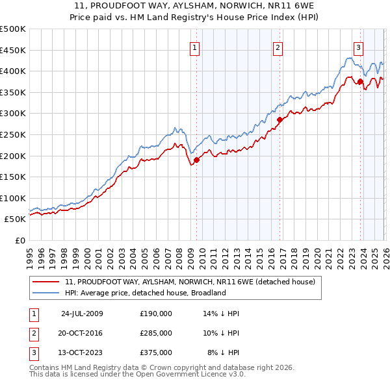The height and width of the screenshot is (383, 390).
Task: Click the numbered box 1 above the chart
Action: (x=195, y=47)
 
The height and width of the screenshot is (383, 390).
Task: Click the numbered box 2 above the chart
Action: (x=278, y=47)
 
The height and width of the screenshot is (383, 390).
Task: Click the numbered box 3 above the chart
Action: (x=358, y=47)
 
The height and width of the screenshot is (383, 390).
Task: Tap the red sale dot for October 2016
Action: (x=279, y=119)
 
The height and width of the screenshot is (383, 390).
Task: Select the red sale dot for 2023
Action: (x=360, y=82)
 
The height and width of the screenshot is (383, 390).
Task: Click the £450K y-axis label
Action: (x=13, y=50)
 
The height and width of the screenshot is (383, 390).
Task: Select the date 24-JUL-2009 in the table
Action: (x=82, y=314)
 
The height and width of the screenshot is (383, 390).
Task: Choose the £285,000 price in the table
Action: (x=156, y=333)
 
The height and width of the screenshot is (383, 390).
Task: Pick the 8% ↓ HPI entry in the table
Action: (x=223, y=352)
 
